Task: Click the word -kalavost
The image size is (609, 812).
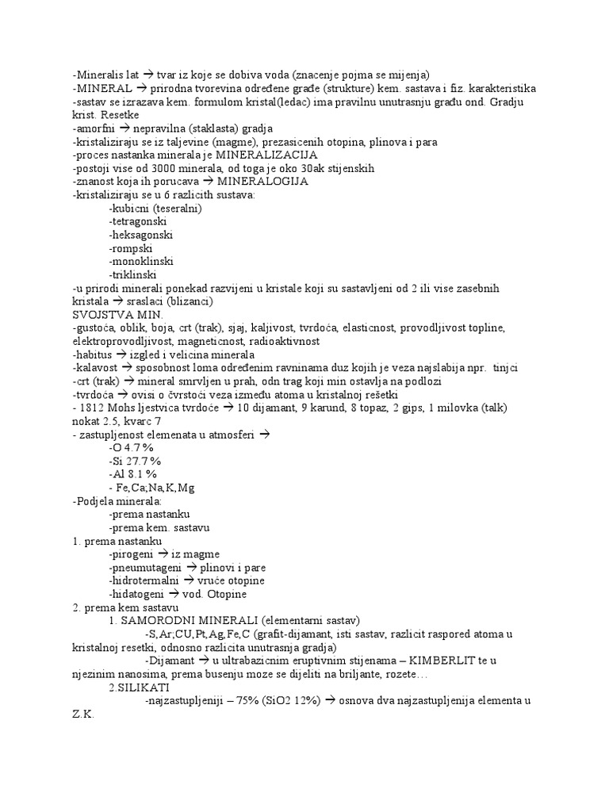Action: point(94,367)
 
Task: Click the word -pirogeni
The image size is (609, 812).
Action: point(133,554)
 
